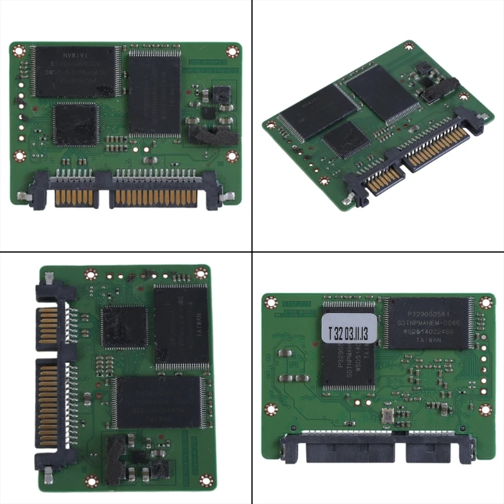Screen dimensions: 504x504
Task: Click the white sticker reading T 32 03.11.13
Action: pyautogui.click(x=348, y=328)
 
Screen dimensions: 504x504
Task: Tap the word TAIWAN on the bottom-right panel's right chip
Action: pyautogui.click(x=430, y=340)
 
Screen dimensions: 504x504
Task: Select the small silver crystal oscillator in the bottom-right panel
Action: pyautogui.click(x=387, y=416)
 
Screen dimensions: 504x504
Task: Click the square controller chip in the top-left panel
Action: pyautogui.click(x=75, y=124)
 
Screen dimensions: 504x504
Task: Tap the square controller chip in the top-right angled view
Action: pyautogui.click(x=346, y=139)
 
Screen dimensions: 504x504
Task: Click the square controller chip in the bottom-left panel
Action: pyautogui.click(x=124, y=327)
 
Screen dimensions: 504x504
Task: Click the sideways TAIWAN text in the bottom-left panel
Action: pyautogui.click(x=197, y=327)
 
